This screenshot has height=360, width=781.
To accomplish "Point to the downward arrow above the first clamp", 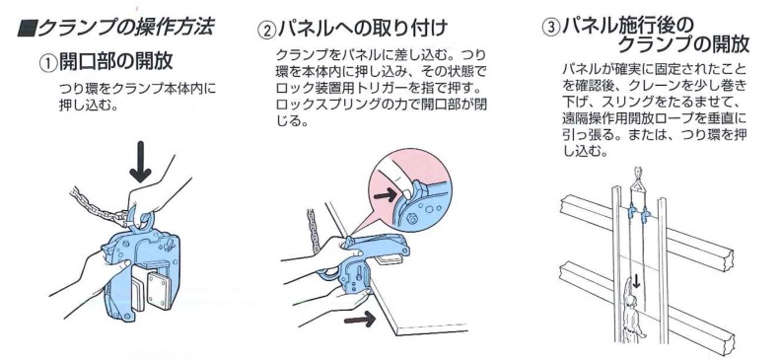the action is (142, 158).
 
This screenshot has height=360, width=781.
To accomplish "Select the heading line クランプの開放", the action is (683, 45).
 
